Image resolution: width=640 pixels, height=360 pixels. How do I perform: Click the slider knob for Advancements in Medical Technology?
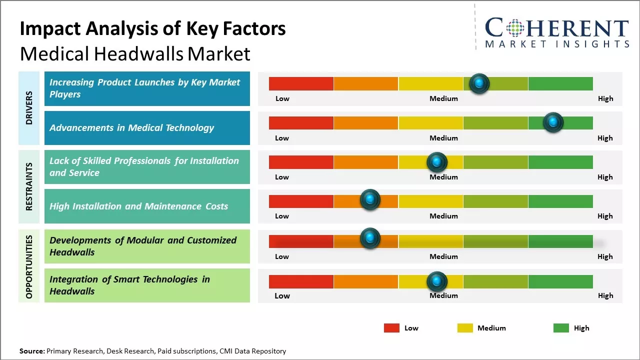553,122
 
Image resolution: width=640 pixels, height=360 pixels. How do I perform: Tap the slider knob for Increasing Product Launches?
479,83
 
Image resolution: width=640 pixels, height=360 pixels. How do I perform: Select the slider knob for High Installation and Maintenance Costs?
370,200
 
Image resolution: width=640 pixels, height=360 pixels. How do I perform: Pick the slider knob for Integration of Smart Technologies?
437,281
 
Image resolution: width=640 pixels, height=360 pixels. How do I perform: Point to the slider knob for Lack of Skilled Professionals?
437,162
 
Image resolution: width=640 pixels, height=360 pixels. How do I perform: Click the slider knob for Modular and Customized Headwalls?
370,238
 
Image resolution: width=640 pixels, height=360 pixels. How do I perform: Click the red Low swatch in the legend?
391,328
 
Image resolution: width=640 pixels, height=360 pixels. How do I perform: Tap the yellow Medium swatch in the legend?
465,328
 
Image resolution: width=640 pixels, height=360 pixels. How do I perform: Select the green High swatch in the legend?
561,328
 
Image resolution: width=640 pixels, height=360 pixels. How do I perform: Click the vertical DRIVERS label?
29,108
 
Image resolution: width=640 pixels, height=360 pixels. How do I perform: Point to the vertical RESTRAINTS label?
29,186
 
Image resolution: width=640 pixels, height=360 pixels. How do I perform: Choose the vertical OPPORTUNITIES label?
29,266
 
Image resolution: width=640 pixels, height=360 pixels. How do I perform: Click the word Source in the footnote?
31,351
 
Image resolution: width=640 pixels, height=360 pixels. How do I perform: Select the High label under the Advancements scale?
605,138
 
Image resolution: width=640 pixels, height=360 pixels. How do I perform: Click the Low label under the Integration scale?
282,295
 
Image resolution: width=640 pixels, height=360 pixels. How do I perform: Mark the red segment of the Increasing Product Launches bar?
301,83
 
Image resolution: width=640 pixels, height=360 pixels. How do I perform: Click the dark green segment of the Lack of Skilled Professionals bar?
560,162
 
